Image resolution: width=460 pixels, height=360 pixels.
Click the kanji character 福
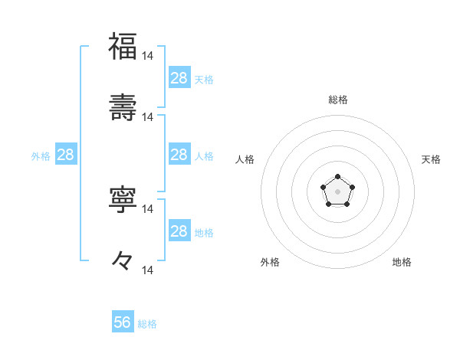pos(123,46)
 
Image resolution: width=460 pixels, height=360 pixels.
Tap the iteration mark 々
pos(123,260)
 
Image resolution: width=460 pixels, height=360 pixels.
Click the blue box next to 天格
pos(179,78)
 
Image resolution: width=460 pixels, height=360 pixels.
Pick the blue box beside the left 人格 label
pos(179,155)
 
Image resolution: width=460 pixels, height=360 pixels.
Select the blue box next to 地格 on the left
pos(179,231)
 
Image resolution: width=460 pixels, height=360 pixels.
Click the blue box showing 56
pos(123,322)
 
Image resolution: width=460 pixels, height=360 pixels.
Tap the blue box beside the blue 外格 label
pos(66,155)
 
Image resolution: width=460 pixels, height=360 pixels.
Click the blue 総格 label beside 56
pos(147,324)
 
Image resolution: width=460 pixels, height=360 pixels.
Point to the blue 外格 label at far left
pos(41,155)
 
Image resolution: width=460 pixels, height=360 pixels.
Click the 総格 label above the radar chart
pos(338,100)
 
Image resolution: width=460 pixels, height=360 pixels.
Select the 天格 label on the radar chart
pos(431,159)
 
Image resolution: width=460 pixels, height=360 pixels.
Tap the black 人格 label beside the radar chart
pos(245,159)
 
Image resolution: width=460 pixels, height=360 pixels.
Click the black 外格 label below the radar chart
pos(270,262)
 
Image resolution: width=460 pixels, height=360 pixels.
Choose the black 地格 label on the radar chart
pos(402,262)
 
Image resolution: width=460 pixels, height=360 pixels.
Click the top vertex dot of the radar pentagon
pos(337,178)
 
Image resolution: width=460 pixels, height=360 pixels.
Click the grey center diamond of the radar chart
pos(337,191)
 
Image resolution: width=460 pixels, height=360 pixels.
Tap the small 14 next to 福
pos(148,56)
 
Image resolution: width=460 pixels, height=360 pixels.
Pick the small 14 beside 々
pos(148,270)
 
